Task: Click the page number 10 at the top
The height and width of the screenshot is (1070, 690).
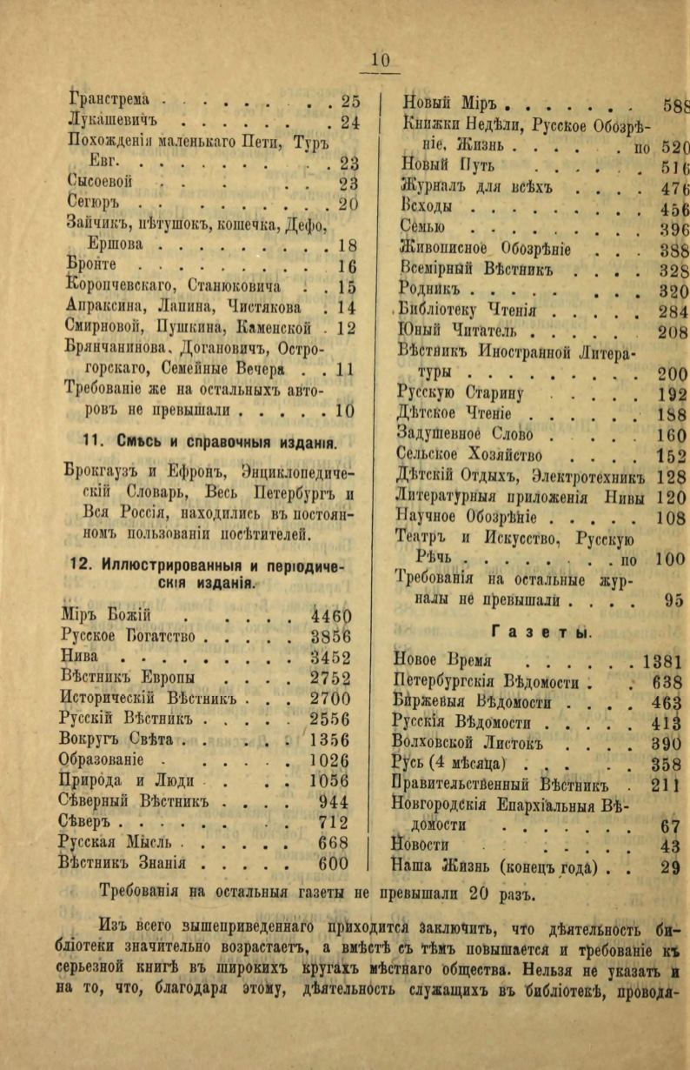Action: click(x=381, y=61)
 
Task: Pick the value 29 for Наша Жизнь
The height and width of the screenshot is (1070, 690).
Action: click(x=670, y=866)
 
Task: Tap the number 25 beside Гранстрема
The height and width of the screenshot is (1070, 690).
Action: click(x=350, y=100)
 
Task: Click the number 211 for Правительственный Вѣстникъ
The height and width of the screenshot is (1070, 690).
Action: click(x=667, y=785)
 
